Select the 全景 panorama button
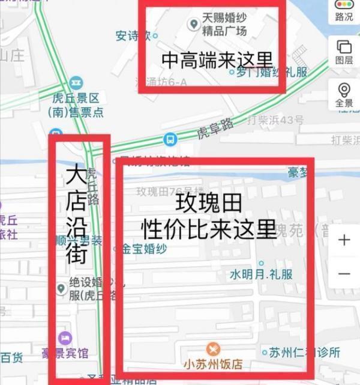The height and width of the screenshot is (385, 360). pos(344,95)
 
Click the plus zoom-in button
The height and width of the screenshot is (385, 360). pos(344,240)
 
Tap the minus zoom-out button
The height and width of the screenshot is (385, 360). pos(344,273)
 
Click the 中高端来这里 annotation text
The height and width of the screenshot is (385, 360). pos(217,60)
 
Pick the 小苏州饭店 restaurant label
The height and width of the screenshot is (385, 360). pos(213,365)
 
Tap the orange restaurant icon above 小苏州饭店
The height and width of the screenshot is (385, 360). pos(213,349)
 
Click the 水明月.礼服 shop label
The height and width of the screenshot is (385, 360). pos(261,274)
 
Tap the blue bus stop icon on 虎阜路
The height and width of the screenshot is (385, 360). pos(170,139)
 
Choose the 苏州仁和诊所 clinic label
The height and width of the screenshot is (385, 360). pos(305,352)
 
